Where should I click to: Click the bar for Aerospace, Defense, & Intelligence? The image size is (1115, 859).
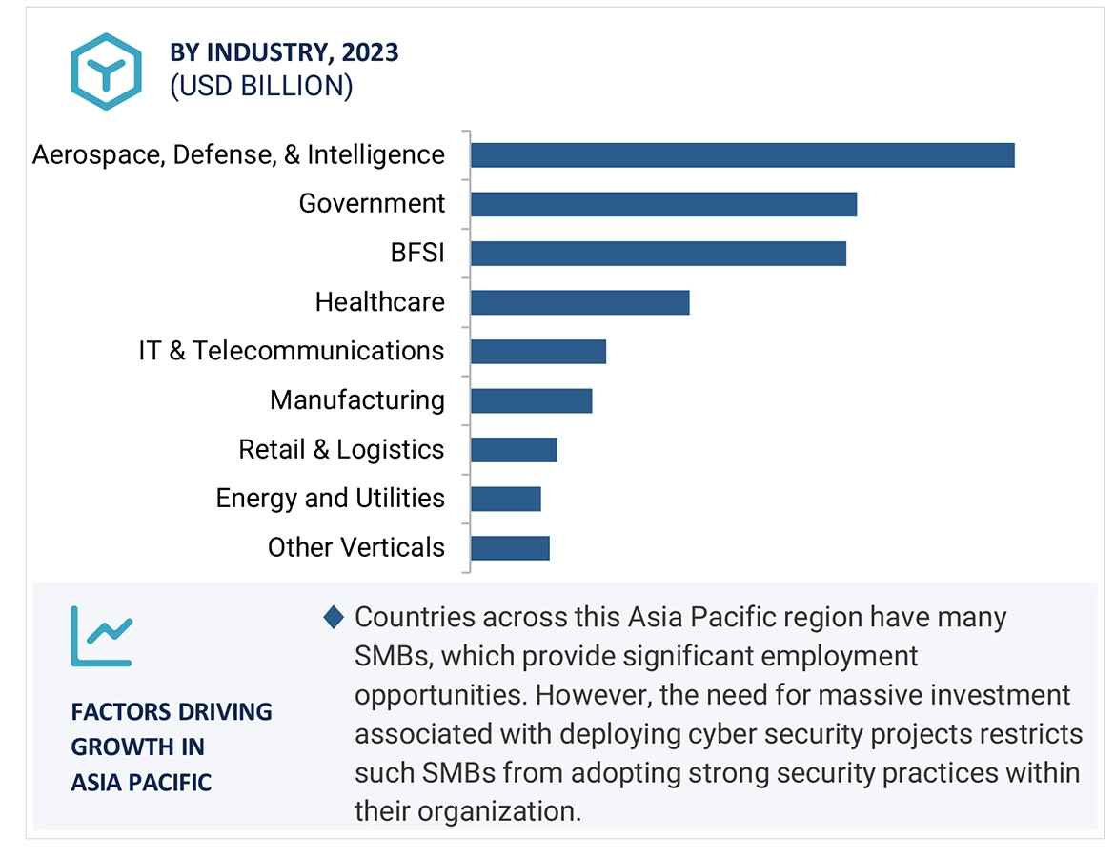[x=741, y=155]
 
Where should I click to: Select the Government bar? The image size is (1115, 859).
[x=663, y=204]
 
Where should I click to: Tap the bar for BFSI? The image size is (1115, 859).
[x=658, y=253]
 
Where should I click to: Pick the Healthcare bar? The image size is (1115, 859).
[x=579, y=302]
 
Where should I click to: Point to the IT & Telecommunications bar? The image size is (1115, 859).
[x=537, y=351]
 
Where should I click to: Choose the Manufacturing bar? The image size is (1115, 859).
[x=531, y=400]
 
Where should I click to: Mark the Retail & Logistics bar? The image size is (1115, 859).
[x=513, y=449]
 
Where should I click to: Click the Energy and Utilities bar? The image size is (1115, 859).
[x=505, y=499]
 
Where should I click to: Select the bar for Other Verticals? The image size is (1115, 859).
[x=510, y=547]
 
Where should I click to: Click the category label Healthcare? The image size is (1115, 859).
[x=379, y=302]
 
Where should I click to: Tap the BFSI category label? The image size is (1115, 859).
[x=416, y=253]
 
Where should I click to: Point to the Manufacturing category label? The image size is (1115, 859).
[x=356, y=400]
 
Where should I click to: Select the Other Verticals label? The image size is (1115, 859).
[x=355, y=547]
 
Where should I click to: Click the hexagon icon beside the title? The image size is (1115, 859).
[x=106, y=71]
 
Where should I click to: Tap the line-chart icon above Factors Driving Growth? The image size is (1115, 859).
[x=101, y=636]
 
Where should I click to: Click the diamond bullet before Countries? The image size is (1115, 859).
[x=333, y=618]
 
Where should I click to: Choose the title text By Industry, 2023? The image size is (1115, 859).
[x=284, y=52]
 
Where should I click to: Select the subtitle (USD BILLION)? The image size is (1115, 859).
[x=261, y=86]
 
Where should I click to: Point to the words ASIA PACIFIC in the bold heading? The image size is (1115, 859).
[x=141, y=783]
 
